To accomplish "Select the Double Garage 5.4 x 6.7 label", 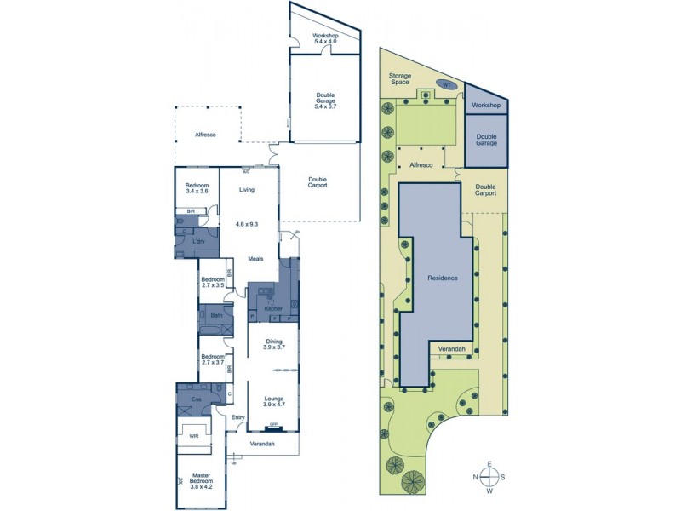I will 326,101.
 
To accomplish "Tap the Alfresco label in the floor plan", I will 206,135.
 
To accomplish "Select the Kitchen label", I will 273,307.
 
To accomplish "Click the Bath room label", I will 216,314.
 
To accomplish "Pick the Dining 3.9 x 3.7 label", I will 273,344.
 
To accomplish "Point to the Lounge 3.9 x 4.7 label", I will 273,402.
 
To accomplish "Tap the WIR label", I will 194,435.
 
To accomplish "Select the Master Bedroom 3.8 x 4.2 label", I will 203,479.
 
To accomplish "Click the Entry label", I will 237,417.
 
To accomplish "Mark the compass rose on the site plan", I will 489,477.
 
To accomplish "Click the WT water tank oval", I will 445,84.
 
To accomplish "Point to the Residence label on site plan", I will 443,278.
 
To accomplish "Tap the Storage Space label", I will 400,80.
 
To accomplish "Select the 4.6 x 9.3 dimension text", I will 247,224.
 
